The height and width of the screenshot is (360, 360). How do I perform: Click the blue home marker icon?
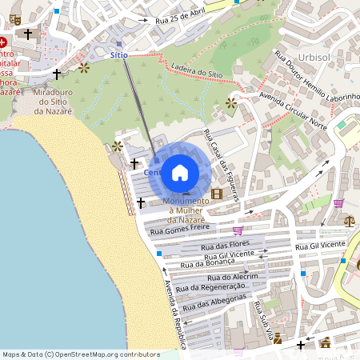[x=180, y=172]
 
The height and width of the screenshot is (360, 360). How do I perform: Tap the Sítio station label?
[x=119, y=54]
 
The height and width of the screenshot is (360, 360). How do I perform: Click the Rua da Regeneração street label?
[x=210, y=286]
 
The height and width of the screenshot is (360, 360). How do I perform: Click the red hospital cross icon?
[x=4, y=42]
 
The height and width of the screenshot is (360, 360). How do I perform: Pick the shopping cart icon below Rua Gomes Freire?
[x=237, y=230]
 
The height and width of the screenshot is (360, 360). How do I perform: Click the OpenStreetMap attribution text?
[x=81, y=354]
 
